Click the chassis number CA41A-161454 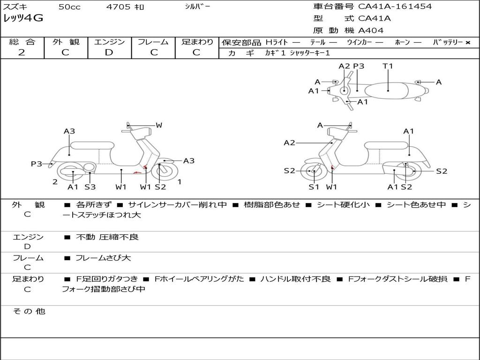395,7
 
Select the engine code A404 371,30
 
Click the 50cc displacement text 68,7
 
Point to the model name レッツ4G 23,18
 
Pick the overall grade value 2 22,52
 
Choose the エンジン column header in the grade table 109,42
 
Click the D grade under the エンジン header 109,52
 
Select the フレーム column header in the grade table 153,42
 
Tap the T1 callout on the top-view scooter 388,66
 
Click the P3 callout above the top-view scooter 359,66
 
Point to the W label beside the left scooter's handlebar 159,125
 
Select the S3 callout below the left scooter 90,187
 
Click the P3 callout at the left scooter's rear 37,164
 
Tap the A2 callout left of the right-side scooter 289,142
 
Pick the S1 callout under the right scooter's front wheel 314,187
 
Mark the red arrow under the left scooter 137,172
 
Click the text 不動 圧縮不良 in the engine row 107,237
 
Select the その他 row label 29,311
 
